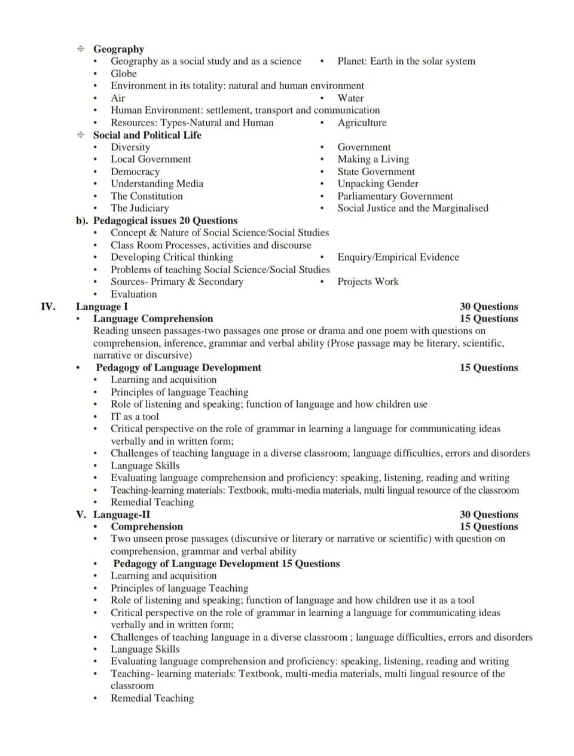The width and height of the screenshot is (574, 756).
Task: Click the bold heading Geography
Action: click(x=118, y=49)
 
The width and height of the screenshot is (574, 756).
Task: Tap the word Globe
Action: click(x=124, y=74)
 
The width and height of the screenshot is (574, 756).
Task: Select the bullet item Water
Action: click(x=350, y=98)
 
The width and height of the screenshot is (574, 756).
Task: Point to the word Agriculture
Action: click(x=362, y=123)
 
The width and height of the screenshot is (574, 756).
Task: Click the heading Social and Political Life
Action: click(x=147, y=135)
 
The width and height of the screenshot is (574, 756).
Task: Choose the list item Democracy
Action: click(x=135, y=172)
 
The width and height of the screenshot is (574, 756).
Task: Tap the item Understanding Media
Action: click(x=157, y=183)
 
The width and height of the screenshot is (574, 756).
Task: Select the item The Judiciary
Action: click(x=139, y=208)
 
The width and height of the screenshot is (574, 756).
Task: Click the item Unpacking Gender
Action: click(x=378, y=183)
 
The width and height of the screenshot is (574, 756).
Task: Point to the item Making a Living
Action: click(x=373, y=159)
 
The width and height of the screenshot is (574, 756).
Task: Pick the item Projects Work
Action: click(x=368, y=281)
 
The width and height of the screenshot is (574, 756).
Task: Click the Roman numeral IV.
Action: click(x=48, y=307)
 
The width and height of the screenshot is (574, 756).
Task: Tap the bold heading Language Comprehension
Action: click(x=153, y=319)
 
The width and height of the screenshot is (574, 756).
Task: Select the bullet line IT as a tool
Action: click(x=135, y=417)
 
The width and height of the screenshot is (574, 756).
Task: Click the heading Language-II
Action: click(x=121, y=515)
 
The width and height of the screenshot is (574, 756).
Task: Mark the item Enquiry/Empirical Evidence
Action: click(x=398, y=257)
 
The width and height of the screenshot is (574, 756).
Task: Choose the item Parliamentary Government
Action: click(x=395, y=196)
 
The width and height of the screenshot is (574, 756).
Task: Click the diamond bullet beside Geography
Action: click(x=81, y=49)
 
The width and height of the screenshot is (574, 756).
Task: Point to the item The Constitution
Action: click(x=146, y=196)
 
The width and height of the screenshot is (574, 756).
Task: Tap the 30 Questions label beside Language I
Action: click(x=488, y=307)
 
